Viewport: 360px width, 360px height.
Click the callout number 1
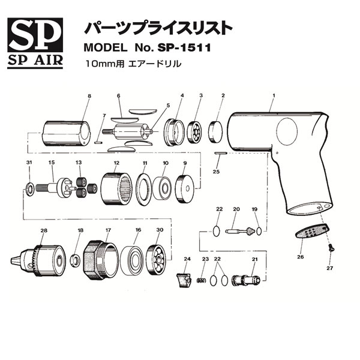point(273,95)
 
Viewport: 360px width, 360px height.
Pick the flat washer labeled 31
point(29,191)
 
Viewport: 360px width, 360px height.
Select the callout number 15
point(52,163)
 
